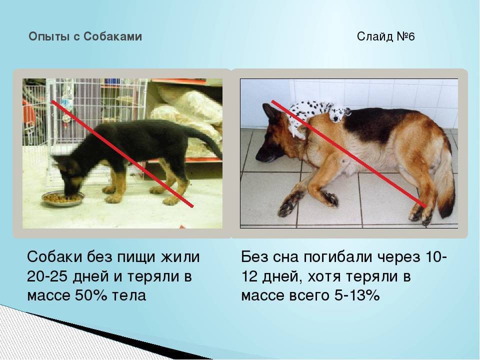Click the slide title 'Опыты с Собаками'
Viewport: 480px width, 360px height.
point(85,36)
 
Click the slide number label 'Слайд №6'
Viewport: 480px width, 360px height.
point(385,36)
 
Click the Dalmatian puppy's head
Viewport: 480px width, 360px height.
point(338,113)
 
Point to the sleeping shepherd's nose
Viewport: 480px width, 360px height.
point(258,156)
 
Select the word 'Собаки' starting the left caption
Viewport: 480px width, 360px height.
point(54,257)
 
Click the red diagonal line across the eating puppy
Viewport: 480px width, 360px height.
point(122,153)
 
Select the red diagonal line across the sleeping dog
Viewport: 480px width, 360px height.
point(349,153)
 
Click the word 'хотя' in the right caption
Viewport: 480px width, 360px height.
point(324,276)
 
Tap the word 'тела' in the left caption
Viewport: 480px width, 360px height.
point(129,295)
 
